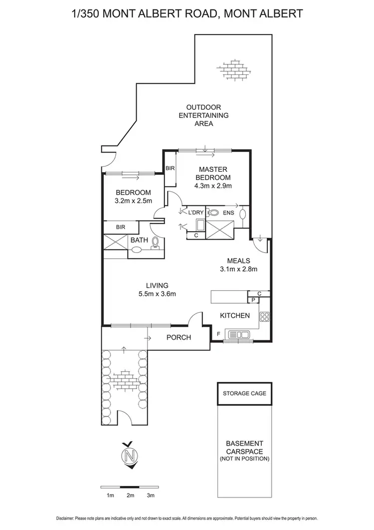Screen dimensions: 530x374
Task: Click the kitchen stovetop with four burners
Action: (x=265, y=316)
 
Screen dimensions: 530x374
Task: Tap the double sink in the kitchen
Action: (x=240, y=334)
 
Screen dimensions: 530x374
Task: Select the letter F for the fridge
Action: (x=218, y=333)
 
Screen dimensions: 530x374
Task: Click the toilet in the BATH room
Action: (x=156, y=243)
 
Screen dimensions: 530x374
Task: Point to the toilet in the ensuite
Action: (x=243, y=214)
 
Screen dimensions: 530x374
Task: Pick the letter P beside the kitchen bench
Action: (x=253, y=300)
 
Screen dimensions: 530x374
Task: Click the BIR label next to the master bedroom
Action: (x=170, y=168)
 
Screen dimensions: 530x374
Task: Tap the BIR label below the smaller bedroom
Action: (x=120, y=227)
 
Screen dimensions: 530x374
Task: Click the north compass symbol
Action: (x=130, y=455)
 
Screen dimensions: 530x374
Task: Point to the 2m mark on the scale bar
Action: (x=130, y=496)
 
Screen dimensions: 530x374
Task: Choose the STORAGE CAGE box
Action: (x=244, y=393)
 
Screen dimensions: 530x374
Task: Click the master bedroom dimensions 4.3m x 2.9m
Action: (x=214, y=186)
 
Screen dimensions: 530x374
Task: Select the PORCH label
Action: (x=179, y=337)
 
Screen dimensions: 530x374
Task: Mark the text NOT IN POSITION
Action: (x=244, y=458)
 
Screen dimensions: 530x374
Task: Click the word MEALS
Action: (x=238, y=261)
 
